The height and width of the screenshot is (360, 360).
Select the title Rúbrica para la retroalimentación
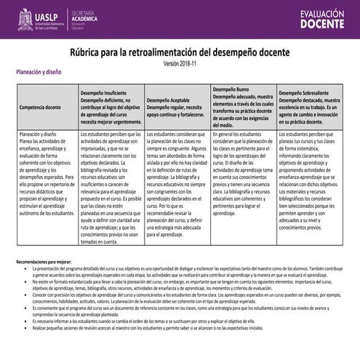pyautogui.click(x=180, y=53)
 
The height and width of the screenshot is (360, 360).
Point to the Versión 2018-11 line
pyautogui.click(x=180, y=64)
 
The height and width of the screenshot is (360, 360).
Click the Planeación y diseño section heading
pyautogui.click(x=39, y=73)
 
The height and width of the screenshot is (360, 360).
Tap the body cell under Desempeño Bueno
pyautogui.click(x=244, y=175)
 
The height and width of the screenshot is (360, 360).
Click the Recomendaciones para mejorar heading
pyautogui.click(x=45, y=241)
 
